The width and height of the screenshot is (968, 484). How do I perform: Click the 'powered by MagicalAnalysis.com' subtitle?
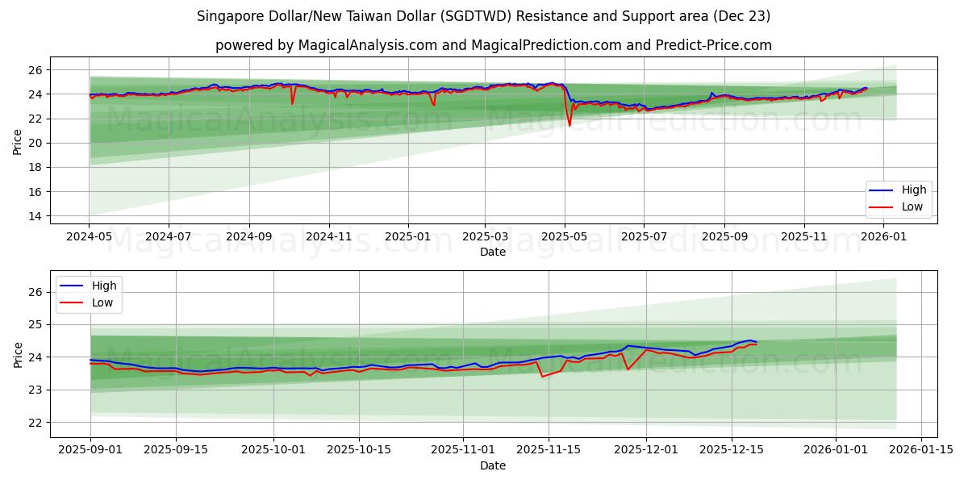(x=493, y=45)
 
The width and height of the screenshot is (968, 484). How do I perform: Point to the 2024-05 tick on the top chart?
(x=90, y=238)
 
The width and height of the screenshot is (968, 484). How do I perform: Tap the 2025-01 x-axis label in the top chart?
(x=407, y=238)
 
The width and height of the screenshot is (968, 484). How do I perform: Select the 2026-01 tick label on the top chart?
(x=883, y=238)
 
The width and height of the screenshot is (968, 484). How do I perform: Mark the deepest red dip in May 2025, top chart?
(x=570, y=125)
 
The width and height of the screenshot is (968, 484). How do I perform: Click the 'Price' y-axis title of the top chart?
(x=18, y=143)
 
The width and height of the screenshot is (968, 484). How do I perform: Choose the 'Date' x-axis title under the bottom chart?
(x=493, y=465)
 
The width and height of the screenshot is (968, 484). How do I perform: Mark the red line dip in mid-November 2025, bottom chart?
(x=542, y=377)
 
